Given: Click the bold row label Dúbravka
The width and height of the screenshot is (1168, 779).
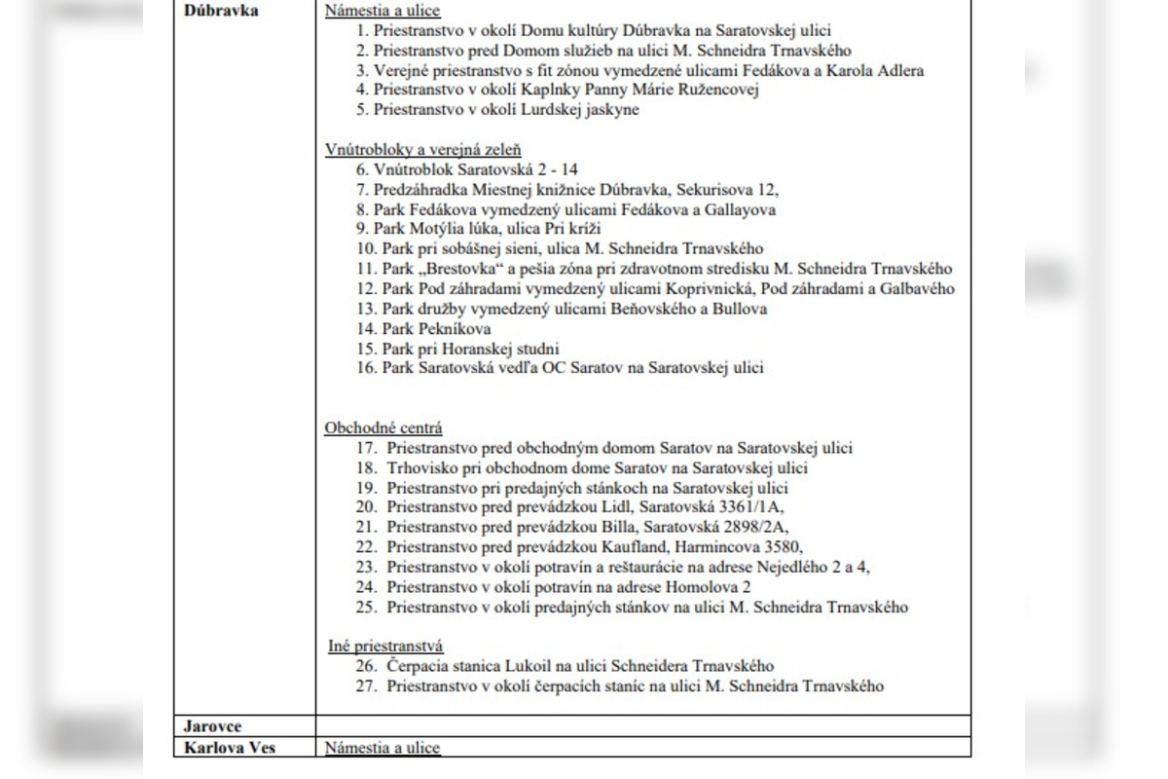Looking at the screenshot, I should (x=215, y=12).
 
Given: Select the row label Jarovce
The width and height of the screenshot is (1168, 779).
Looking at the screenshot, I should (x=213, y=726).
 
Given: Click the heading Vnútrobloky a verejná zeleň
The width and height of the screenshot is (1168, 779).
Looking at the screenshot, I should (x=422, y=149).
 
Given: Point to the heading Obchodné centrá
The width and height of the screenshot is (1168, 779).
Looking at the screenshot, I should (x=383, y=427).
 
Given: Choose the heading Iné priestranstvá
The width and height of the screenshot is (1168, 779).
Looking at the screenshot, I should (x=385, y=646).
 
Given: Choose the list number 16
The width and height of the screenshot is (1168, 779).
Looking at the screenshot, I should (x=366, y=368).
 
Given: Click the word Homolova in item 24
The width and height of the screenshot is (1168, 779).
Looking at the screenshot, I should (x=703, y=587).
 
